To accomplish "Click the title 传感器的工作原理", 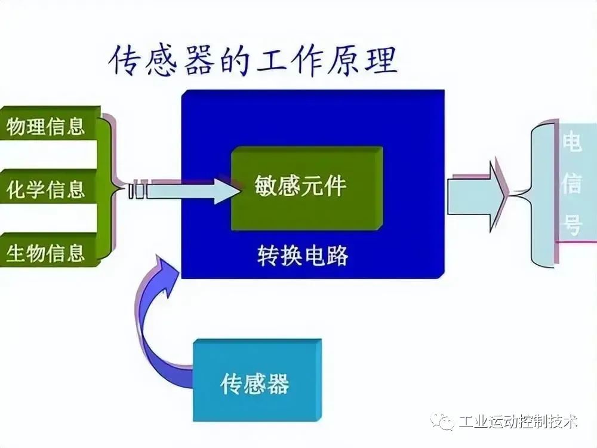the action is pos(254,61).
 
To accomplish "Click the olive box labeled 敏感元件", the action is pos(307,188).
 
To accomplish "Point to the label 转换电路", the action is pos(303,255).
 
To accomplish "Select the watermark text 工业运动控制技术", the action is pos(518,421).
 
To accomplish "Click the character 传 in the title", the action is pos(125,61).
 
